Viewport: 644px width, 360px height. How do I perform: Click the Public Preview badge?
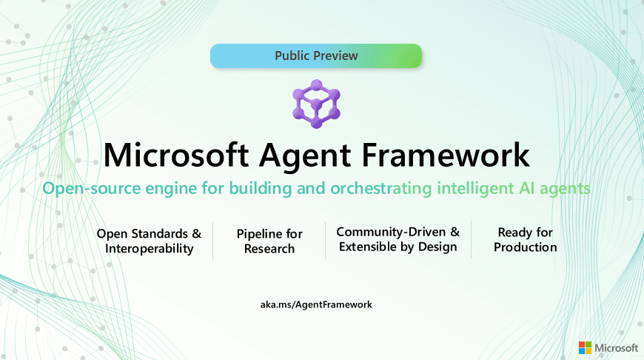316,56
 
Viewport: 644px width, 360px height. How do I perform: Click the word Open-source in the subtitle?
83,189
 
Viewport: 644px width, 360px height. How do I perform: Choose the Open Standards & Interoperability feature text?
149,241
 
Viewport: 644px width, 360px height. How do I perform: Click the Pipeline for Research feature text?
269,241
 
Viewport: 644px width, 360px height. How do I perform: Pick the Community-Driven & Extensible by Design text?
398,239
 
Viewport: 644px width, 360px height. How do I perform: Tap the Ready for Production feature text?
526,239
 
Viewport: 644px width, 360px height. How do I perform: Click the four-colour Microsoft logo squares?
585,347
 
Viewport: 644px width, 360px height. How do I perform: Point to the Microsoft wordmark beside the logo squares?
617,347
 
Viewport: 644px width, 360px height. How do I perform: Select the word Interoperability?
149,249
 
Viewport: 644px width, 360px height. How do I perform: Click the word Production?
526,247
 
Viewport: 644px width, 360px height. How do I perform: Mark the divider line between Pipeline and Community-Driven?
325,241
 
